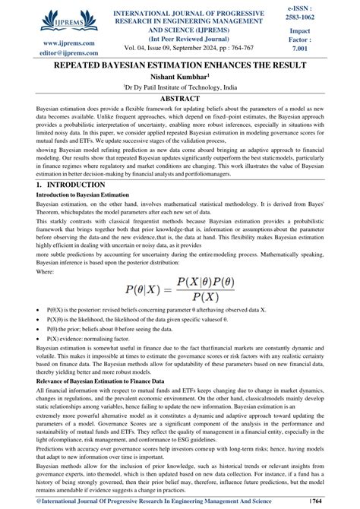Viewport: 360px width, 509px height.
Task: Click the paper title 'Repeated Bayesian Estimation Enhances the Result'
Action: (x=179, y=65)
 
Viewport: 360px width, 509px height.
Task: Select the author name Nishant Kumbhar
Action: (x=179, y=77)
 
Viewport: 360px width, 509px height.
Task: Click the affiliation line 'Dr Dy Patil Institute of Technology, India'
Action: (x=179, y=87)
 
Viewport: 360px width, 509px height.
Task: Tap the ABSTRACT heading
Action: (x=179, y=99)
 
